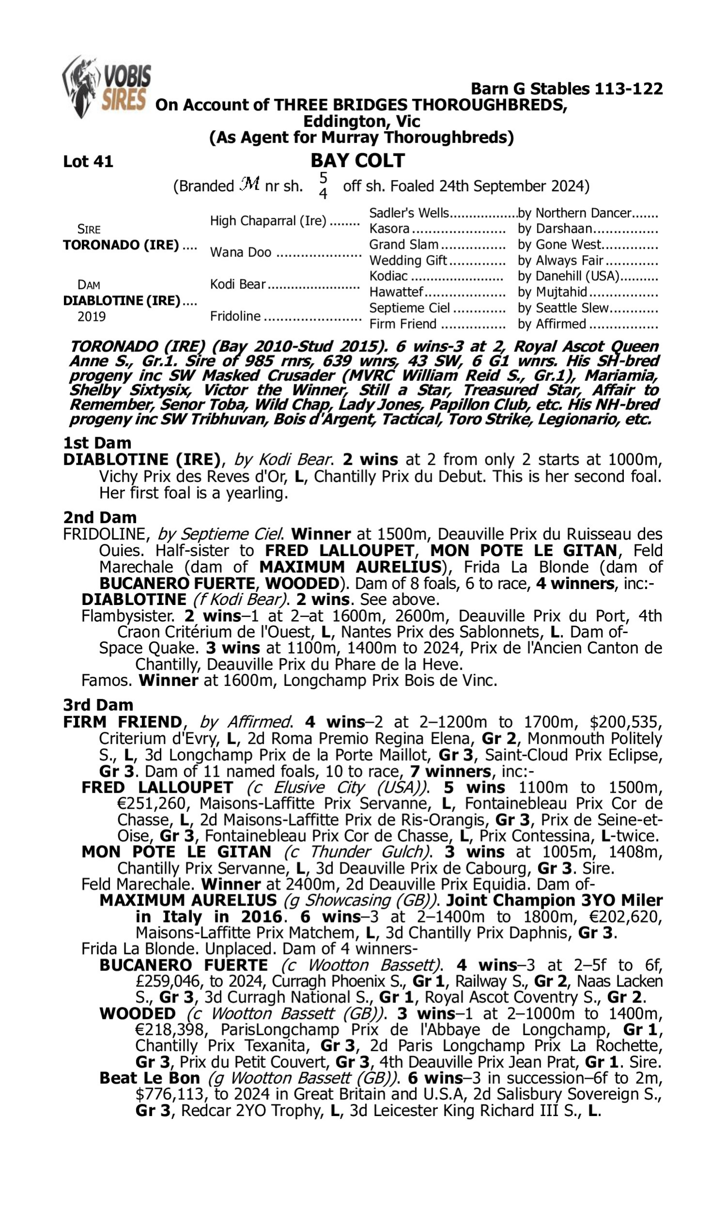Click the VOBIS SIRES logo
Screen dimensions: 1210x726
[106, 86]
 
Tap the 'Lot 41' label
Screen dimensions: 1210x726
[88, 162]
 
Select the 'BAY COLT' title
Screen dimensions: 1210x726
[358, 160]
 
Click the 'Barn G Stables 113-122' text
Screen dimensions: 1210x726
[566, 89]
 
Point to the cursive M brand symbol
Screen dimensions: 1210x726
[250, 185]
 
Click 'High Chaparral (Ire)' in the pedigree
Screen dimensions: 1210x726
[268, 221]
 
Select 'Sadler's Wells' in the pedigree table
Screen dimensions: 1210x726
[408, 213]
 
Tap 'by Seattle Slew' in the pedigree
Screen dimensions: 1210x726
[563, 308]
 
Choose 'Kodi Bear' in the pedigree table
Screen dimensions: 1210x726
[238, 284]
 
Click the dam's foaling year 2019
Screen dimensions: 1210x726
[91, 317]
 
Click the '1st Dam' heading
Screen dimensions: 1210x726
[97, 443]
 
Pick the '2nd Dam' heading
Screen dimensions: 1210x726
[100, 517]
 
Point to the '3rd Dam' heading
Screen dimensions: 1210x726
[98, 705]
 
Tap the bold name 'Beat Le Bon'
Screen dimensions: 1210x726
[150, 1078]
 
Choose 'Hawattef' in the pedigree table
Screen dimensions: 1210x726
[396, 292]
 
